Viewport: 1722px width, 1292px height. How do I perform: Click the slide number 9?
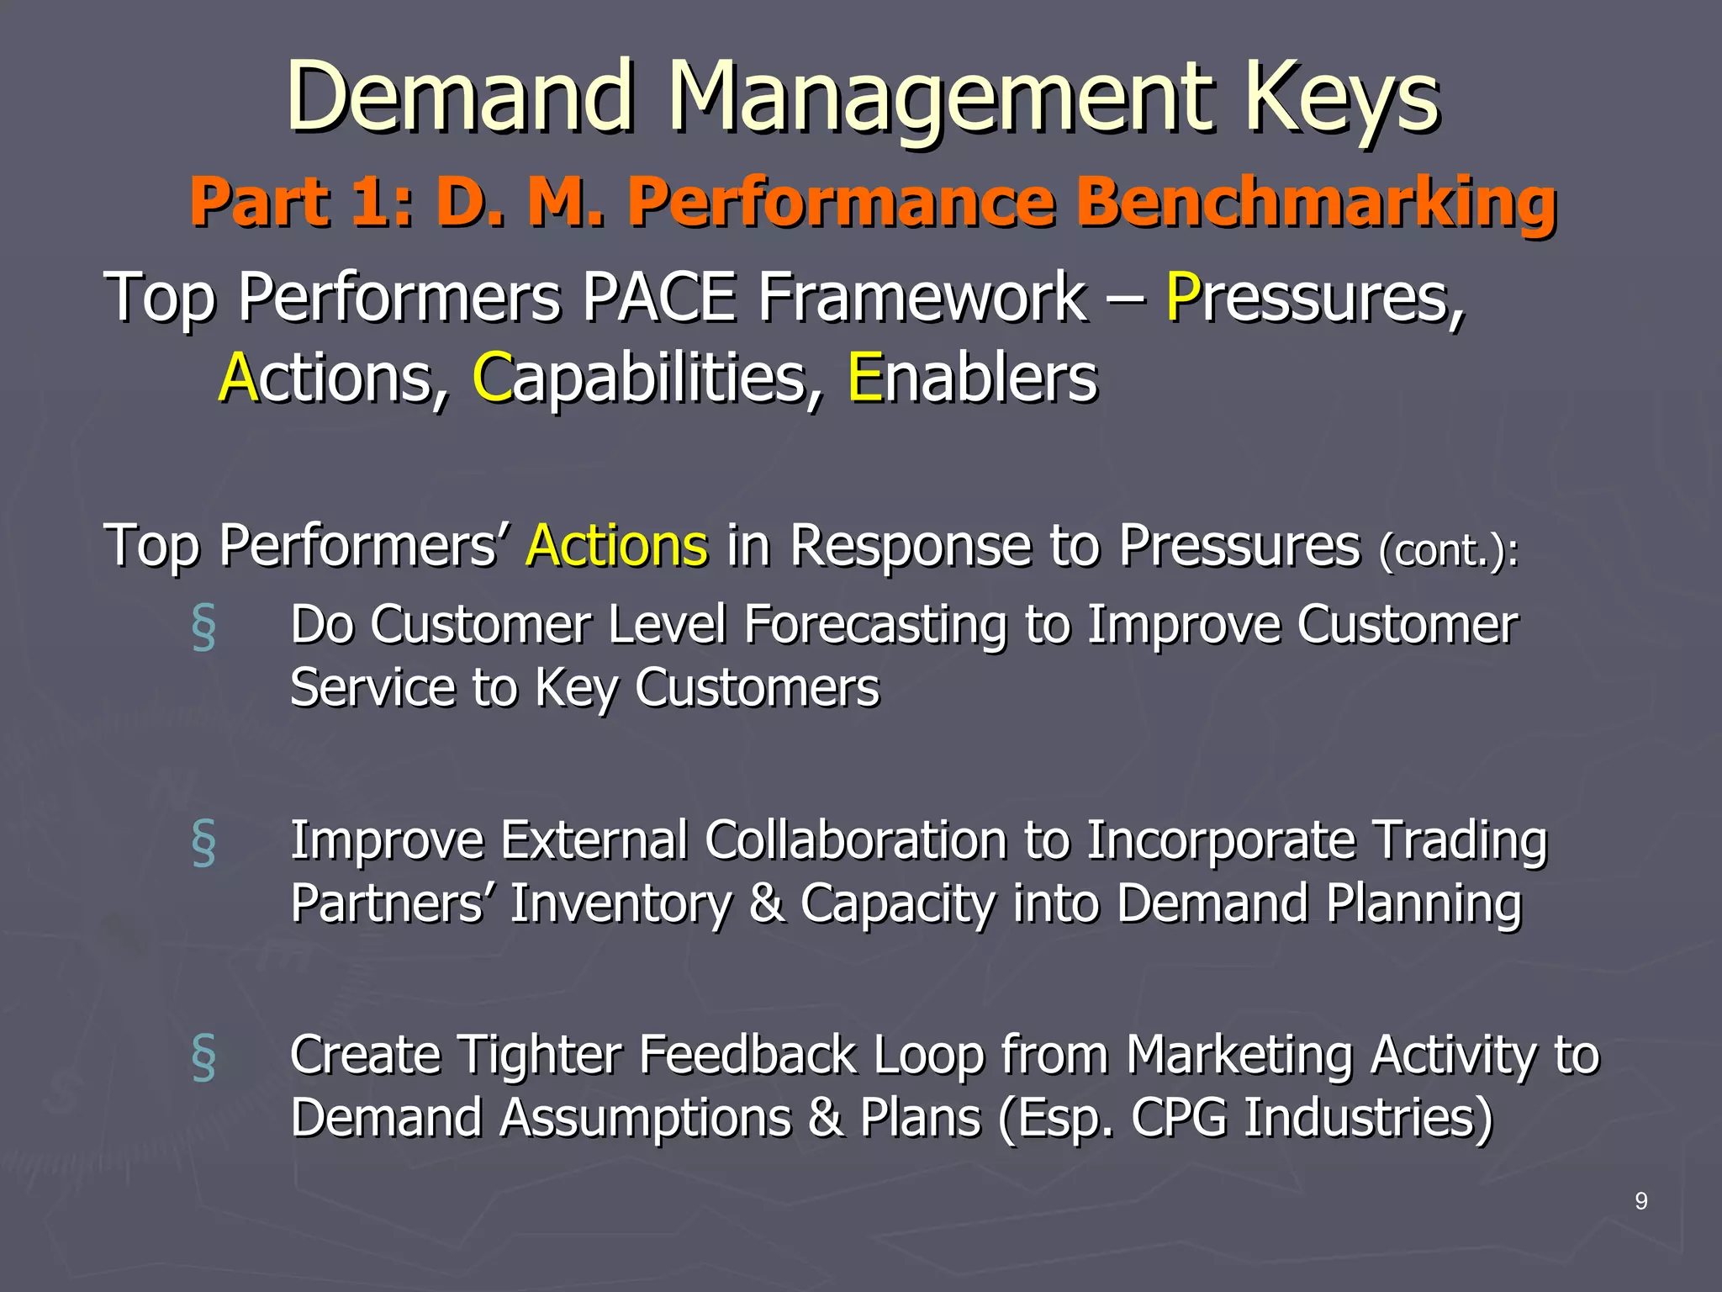[x=1640, y=1201]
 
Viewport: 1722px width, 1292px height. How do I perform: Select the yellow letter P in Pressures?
[x=1181, y=297]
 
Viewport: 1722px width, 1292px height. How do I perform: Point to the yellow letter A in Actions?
[x=237, y=378]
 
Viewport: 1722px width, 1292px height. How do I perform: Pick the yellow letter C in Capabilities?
[x=492, y=378]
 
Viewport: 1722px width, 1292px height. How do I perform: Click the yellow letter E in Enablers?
[x=864, y=378]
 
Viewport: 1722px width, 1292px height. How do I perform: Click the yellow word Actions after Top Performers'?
[x=616, y=545]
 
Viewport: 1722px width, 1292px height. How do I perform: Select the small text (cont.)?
[x=1448, y=551]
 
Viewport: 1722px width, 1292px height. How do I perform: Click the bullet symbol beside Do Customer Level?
[x=203, y=627]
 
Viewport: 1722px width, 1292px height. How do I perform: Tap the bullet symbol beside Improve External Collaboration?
[x=203, y=842]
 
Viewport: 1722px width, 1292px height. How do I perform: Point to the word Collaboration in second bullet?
[x=856, y=840]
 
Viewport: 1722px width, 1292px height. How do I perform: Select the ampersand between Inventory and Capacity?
[x=766, y=903]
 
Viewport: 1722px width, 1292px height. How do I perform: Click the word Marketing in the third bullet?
[x=1239, y=1056]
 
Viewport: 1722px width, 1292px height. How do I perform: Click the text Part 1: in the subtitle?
[x=301, y=203]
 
